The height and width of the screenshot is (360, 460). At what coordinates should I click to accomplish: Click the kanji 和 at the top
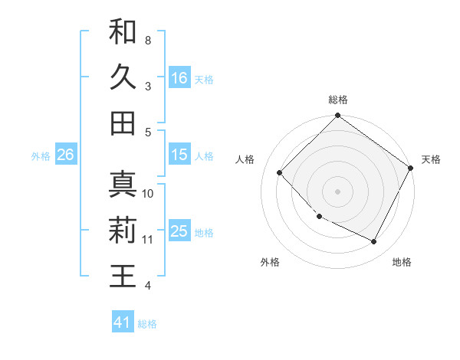[123, 31]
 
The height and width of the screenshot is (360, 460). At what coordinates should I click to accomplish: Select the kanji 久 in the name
[123, 77]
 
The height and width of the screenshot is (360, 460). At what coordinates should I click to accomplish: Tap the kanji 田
[123, 123]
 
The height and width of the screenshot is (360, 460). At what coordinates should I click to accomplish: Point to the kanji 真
[123, 185]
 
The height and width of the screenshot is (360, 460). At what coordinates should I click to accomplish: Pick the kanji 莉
[123, 231]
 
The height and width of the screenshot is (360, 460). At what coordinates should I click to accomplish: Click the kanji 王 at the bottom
[123, 277]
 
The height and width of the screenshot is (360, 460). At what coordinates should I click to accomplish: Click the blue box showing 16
[179, 77]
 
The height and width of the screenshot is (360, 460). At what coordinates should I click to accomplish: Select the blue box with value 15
[179, 154]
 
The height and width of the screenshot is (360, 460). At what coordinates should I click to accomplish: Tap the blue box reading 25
[179, 231]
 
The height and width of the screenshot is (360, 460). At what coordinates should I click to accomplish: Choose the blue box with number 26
[65, 155]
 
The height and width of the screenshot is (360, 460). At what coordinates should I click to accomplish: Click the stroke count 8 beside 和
[147, 39]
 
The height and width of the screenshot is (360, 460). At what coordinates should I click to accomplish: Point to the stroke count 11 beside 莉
[148, 240]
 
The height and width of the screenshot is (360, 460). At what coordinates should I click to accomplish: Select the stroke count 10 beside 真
[148, 193]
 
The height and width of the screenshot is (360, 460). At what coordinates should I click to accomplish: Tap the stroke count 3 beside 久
[147, 86]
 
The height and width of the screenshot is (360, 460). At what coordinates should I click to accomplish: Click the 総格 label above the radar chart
[338, 100]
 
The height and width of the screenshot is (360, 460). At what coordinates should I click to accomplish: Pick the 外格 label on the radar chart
[270, 262]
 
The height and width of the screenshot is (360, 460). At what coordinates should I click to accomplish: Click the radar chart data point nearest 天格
[411, 169]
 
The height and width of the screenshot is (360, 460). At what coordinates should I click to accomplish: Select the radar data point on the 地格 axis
[374, 242]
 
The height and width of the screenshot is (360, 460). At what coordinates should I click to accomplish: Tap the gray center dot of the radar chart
[338, 191]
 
